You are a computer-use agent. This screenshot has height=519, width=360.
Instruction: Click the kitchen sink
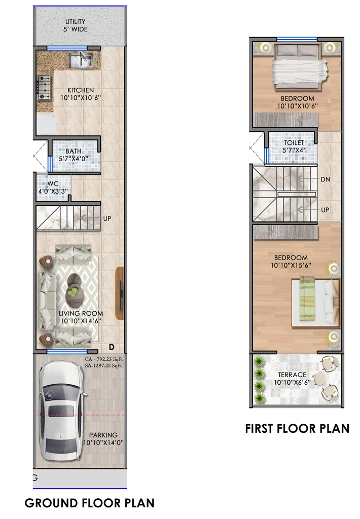(x=81, y=61)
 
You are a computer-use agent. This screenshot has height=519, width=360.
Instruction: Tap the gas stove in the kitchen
(x=45, y=88)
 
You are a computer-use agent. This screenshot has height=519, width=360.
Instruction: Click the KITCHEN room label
(x=81, y=90)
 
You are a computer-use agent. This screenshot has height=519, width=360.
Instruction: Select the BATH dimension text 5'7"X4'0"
(x=73, y=159)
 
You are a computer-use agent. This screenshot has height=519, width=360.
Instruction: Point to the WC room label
(x=53, y=183)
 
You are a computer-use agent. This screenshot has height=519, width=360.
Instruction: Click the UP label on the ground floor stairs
(x=107, y=219)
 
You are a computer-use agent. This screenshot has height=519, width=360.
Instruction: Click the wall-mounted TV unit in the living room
(x=119, y=293)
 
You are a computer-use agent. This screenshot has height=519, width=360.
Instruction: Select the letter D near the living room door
(x=112, y=347)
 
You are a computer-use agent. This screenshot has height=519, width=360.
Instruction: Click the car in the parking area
(x=61, y=411)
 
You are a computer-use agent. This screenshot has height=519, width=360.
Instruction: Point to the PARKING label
(x=103, y=435)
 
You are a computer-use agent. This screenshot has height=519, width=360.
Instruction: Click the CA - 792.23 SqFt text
(x=104, y=359)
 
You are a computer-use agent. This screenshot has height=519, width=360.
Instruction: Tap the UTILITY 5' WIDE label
(x=76, y=25)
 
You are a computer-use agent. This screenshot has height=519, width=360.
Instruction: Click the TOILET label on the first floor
(x=294, y=142)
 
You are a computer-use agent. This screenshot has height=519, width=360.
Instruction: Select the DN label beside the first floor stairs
(x=325, y=179)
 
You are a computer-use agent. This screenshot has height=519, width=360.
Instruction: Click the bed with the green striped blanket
(x=315, y=303)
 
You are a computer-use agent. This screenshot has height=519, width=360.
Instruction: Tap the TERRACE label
(x=292, y=375)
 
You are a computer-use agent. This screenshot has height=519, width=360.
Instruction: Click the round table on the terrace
(x=317, y=378)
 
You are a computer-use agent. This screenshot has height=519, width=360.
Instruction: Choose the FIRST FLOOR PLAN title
(x=297, y=429)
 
